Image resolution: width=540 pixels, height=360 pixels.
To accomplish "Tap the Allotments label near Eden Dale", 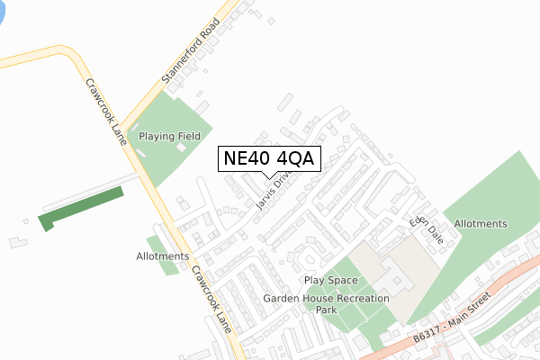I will click(x=481, y=223).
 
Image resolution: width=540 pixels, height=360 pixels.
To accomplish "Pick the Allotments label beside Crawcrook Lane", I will click(x=163, y=256).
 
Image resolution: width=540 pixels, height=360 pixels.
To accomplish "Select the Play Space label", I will click(x=330, y=281).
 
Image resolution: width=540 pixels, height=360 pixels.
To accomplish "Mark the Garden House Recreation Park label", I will click(x=327, y=303).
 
